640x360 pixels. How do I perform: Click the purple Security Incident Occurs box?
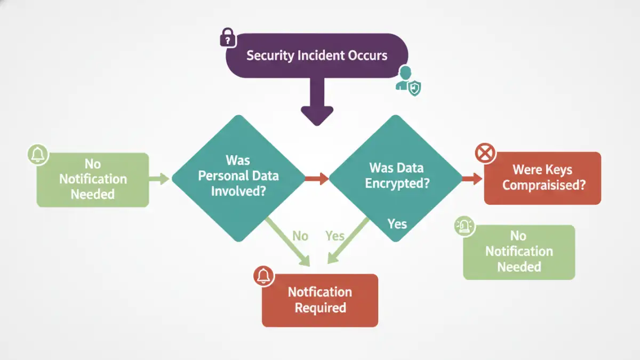pyautogui.click(x=317, y=55)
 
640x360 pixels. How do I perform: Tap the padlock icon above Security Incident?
pyautogui.click(x=228, y=38)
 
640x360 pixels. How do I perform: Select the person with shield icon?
pyautogui.click(x=408, y=81)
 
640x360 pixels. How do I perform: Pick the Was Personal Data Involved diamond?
pyautogui.click(x=238, y=176)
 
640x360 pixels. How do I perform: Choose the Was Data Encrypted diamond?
pyautogui.click(x=396, y=176)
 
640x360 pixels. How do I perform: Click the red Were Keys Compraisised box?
pyautogui.click(x=542, y=178)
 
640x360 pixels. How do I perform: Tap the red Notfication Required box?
pyautogui.click(x=320, y=300)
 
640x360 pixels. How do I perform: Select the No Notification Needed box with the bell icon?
pyautogui.click(x=93, y=180)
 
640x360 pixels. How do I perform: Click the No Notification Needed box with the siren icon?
pyautogui.click(x=519, y=252)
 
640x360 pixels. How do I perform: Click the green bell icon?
pyautogui.click(x=37, y=155)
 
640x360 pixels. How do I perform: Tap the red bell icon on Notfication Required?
pyautogui.click(x=263, y=276)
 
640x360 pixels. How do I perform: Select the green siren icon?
pyautogui.click(x=464, y=227)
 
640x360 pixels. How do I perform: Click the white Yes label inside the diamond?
pyautogui.click(x=397, y=224)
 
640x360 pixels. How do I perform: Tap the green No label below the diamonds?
pyautogui.click(x=300, y=236)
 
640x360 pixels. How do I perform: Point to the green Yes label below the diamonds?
pyautogui.click(x=335, y=236)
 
